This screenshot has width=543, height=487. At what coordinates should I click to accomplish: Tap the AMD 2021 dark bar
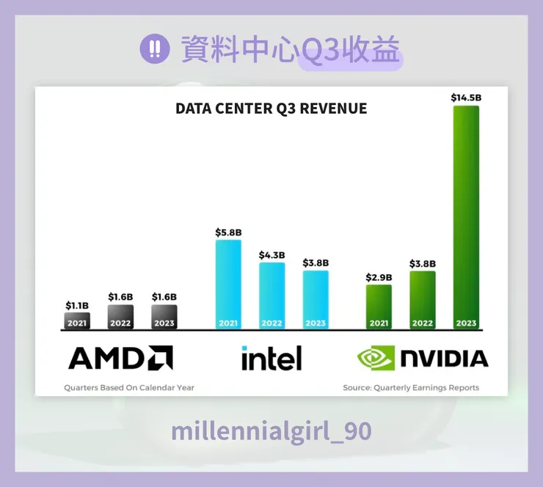(x=77, y=321)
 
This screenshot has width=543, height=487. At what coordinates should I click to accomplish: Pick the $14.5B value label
(x=466, y=97)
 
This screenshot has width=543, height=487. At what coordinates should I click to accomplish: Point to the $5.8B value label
(x=228, y=232)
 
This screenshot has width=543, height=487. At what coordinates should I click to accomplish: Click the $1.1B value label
(x=77, y=305)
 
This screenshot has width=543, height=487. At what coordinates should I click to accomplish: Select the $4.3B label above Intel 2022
(x=271, y=255)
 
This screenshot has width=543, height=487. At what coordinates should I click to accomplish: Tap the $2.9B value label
(x=379, y=277)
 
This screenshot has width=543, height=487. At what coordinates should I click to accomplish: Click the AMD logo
(x=120, y=358)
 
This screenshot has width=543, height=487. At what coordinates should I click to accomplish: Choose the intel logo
(x=271, y=358)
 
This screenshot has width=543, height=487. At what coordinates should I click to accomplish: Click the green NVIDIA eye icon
(x=375, y=358)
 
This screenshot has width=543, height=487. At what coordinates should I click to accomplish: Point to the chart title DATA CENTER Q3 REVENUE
(x=271, y=109)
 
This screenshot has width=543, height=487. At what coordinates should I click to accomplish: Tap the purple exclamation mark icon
(x=154, y=49)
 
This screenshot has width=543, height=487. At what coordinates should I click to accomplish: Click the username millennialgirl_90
(x=271, y=431)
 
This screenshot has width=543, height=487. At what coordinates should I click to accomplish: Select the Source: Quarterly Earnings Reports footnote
(x=411, y=387)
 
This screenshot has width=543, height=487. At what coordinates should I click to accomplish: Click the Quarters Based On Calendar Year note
(x=129, y=387)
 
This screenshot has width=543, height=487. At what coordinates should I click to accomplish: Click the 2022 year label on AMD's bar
(x=121, y=323)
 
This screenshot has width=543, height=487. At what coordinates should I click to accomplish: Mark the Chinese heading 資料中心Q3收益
(x=291, y=50)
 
